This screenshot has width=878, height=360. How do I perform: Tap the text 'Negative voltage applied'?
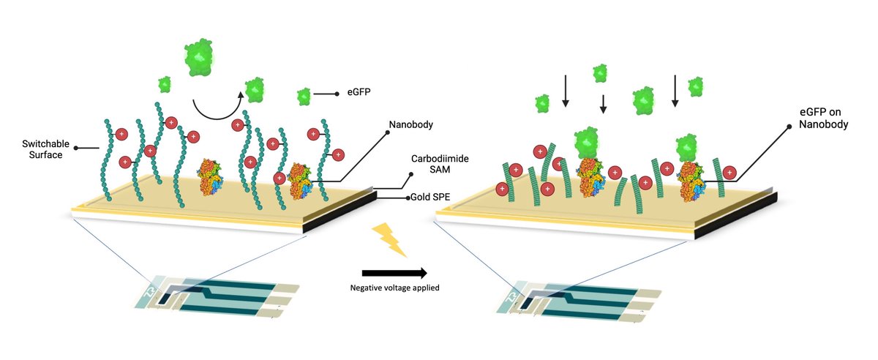coord(394,288)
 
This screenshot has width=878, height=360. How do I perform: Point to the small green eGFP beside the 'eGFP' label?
coord(304,96)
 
